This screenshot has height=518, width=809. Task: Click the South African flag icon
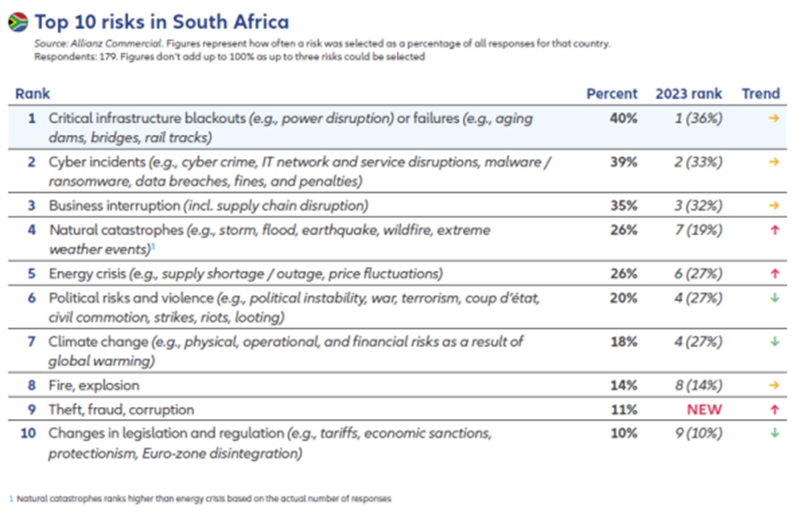[x=18, y=22]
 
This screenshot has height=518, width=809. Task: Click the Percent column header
[x=612, y=94]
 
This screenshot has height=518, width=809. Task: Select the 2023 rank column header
[x=689, y=94]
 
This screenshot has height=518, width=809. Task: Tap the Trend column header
[x=761, y=94]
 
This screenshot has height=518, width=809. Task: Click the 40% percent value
[x=624, y=119]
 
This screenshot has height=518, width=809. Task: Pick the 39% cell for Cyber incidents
[x=624, y=162]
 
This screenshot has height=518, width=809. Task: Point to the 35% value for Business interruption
[x=624, y=205]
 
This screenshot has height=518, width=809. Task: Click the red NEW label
[x=704, y=410]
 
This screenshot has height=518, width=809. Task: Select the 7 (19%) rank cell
[x=698, y=230]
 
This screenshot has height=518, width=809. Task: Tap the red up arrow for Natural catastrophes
[x=775, y=230]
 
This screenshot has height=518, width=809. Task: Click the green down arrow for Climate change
[x=775, y=341]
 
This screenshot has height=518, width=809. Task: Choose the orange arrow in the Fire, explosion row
[x=774, y=385]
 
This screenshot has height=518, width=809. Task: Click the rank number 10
[x=28, y=433]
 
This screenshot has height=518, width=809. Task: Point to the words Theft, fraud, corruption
[x=121, y=410]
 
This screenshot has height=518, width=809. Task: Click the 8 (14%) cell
[x=698, y=385]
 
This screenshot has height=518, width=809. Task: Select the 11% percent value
[x=624, y=410]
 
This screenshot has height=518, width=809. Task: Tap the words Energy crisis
[x=87, y=274]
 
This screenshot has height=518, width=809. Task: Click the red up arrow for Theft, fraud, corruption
[x=775, y=410]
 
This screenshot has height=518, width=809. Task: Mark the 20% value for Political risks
[x=624, y=298]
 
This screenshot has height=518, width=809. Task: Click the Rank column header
[x=33, y=94]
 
